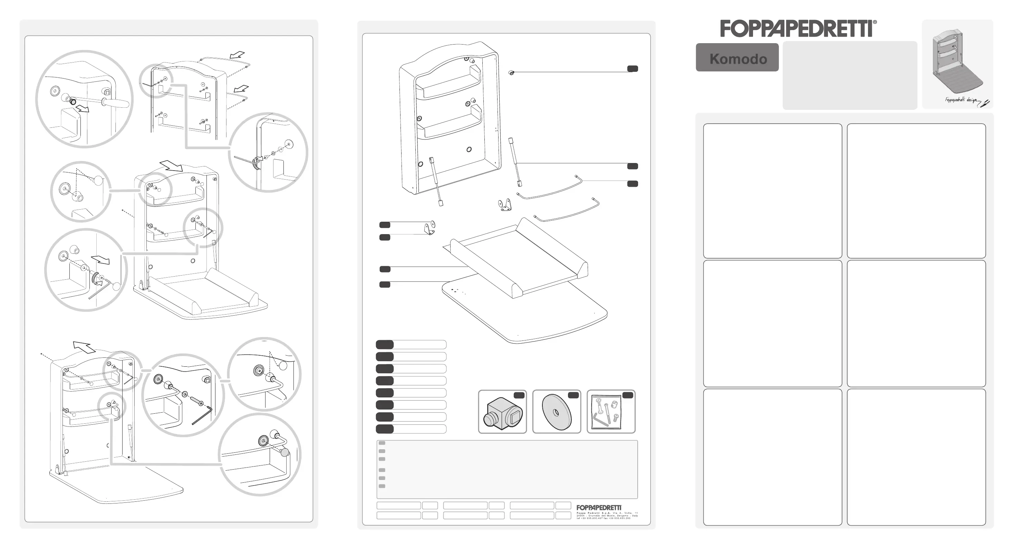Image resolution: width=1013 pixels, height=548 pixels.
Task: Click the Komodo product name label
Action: (x=738, y=58)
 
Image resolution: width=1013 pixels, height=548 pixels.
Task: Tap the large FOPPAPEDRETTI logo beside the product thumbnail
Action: (x=796, y=29)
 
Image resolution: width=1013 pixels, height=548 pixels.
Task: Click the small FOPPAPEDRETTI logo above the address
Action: (x=599, y=508)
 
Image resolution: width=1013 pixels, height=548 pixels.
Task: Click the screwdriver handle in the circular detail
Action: (x=116, y=103)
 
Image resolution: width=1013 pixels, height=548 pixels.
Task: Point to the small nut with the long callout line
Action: (x=511, y=73)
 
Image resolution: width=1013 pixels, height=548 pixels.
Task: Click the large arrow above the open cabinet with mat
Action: (x=172, y=166)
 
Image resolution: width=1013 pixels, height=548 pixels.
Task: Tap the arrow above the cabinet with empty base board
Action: (x=84, y=347)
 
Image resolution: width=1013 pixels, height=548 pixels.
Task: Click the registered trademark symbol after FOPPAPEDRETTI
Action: (x=875, y=22)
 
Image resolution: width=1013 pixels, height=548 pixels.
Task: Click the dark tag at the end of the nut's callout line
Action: (x=632, y=69)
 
